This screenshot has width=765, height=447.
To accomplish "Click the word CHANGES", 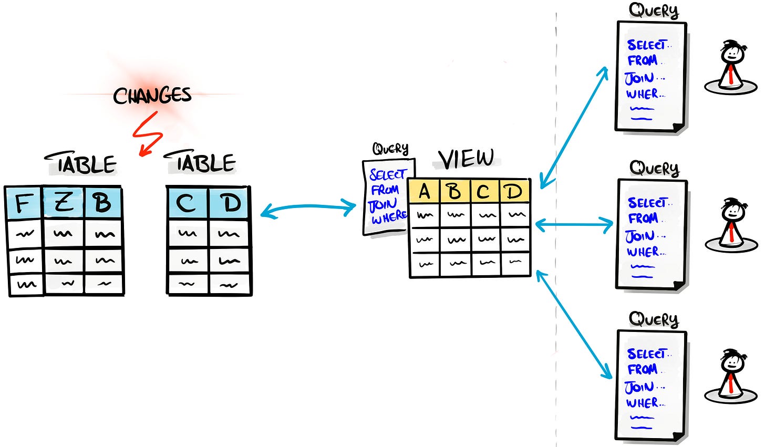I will (x=152, y=96).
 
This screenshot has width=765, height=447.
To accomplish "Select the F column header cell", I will (x=24, y=203).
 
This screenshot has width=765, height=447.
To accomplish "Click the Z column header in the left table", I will (x=64, y=203).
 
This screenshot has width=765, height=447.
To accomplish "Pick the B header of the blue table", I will (x=103, y=203).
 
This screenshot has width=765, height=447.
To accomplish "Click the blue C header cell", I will (x=188, y=203).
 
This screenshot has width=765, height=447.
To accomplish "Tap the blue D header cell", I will (x=230, y=203).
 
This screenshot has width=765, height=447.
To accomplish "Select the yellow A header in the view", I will (x=425, y=192).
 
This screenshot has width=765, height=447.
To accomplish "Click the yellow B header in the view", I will (x=455, y=192).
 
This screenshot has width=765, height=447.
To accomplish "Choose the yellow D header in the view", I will (x=514, y=192).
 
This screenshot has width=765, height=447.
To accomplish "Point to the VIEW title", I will (x=467, y=159).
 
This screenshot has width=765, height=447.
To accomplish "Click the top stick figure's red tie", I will (x=731, y=76).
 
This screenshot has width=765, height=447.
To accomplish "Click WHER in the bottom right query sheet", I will (x=643, y=403).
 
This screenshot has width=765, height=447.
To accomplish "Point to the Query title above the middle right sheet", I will (x=654, y=168).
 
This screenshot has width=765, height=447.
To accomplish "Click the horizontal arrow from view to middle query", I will (x=574, y=225).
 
